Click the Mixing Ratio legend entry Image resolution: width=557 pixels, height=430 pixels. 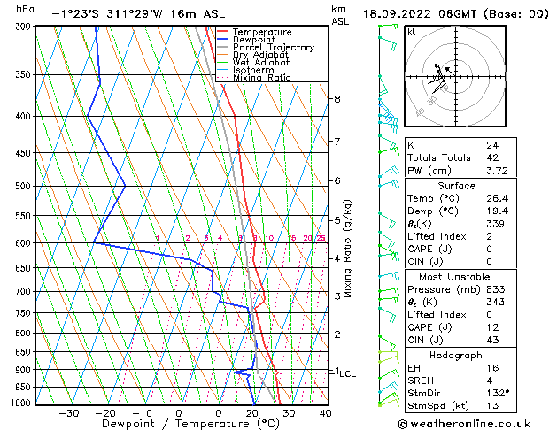coord(261,77)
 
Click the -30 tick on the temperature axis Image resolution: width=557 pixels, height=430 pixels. coord(68,413)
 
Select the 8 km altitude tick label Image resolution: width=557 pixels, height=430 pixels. coord(337,99)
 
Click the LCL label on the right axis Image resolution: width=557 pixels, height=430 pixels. coord(347,374)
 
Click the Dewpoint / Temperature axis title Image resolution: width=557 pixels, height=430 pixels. coord(179,424)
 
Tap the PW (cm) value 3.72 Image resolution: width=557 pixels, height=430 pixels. coord(496,171)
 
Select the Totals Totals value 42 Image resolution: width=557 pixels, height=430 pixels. coord(492,157)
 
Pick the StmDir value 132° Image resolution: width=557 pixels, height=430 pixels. coord(498,393)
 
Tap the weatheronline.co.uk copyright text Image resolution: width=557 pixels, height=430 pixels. coord(476,422)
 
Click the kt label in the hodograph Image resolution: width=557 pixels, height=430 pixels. coord(411,31)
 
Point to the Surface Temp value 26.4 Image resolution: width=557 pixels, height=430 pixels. coord(497,199)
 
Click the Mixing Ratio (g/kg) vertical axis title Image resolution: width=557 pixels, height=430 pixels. coord(349,248)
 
